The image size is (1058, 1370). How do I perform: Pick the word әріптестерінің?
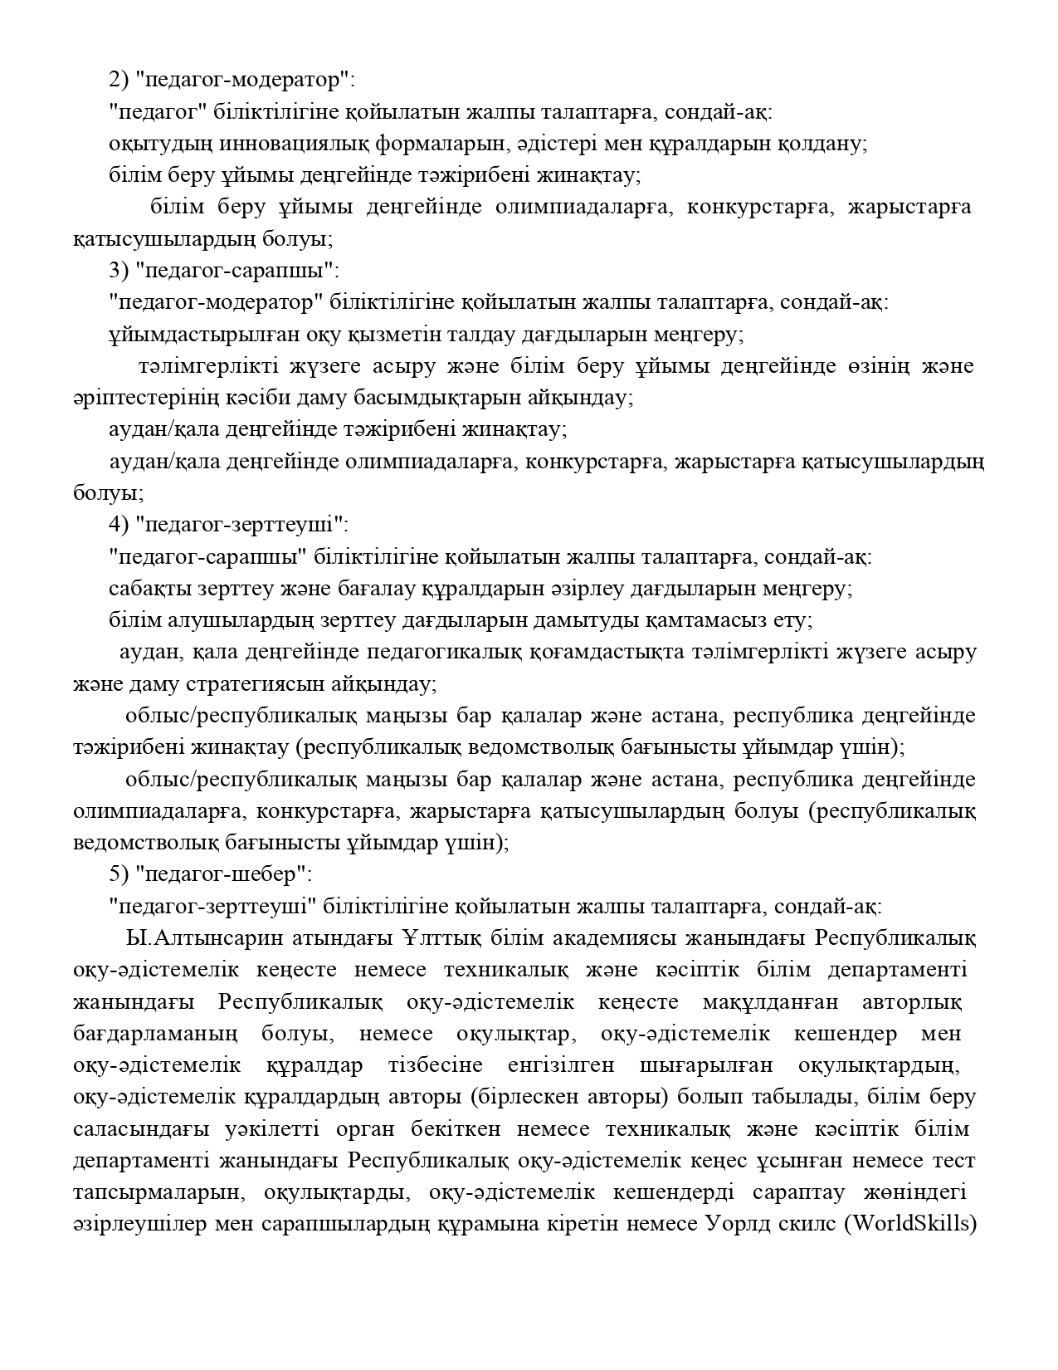pyautogui.click(x=146, y=399)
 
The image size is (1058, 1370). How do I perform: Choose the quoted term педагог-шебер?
pyautogui.click(x=224, y=875)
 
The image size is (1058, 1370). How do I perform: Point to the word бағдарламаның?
pyautogui.click(x=155, y=1035)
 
